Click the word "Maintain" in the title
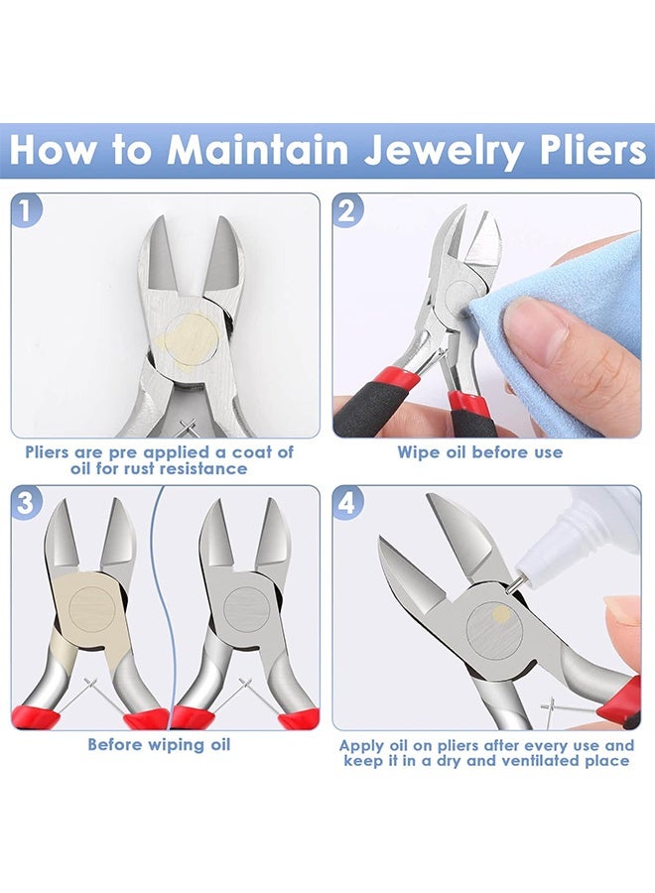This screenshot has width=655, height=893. (257, 150)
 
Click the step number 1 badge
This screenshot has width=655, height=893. (27, 210)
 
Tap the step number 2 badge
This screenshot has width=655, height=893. (348, 210)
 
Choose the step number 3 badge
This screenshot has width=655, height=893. (27, 502)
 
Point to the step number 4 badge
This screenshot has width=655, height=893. (348, 502)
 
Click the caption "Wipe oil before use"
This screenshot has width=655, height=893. (479, 452)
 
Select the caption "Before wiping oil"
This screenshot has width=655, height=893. (159, 744)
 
